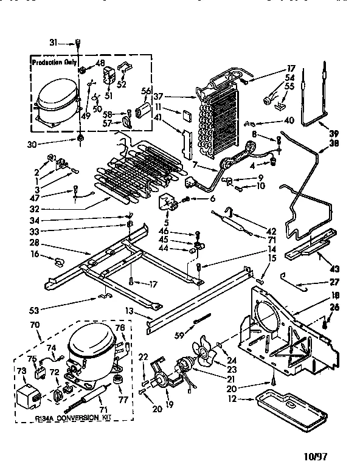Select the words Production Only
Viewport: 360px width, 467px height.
(55, 62)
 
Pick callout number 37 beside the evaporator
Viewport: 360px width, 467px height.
(158, 96)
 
